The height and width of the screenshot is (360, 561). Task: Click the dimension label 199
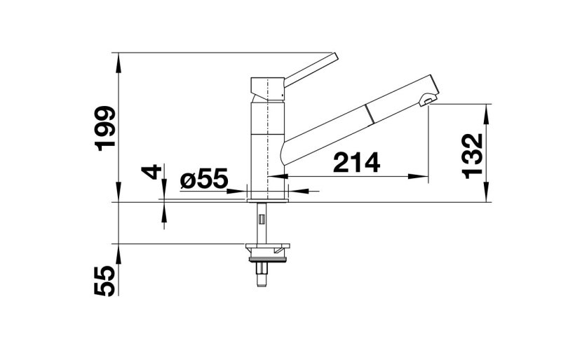[x=104, y=128]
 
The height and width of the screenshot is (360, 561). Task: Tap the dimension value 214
[x=356, y=162]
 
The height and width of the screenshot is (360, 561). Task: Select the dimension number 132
[x=473, y=156]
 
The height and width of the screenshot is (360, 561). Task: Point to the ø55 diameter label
[x=204, y=178]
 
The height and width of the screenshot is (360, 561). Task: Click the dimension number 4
[x=150, y=173]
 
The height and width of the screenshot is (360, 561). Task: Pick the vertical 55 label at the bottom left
[x=104, y=281]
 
